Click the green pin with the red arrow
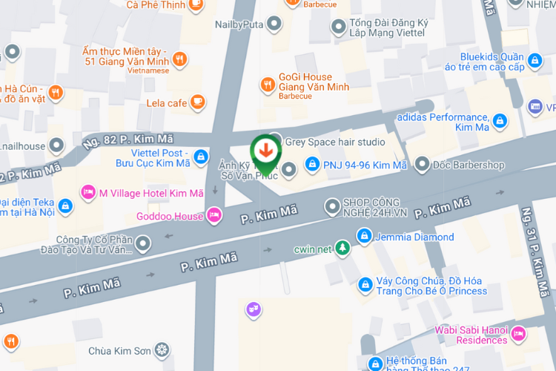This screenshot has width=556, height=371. coord(265,151)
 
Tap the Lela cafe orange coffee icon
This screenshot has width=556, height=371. coord(197,102)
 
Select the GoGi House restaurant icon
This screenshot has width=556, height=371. coord(268,85)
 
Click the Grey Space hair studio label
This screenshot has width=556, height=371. coord(335,142)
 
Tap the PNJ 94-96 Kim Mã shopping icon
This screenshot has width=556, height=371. coord(313,164)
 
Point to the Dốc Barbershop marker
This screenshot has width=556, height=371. coord(423,164)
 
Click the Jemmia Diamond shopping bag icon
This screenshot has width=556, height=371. coord(364,237)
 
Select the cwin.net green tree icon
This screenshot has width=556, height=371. coord(342,248)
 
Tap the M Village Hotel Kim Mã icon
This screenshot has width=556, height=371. coord(88,193)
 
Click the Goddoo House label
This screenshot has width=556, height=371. coord(170,216)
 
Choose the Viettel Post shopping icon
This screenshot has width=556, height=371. coord(201,157)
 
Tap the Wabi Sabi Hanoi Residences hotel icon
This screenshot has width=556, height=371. coord(520,334)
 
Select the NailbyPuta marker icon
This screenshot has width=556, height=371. coord(275,24)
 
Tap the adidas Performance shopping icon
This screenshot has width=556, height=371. coord(500,119)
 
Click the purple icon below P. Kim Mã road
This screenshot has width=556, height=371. coord(254,308)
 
